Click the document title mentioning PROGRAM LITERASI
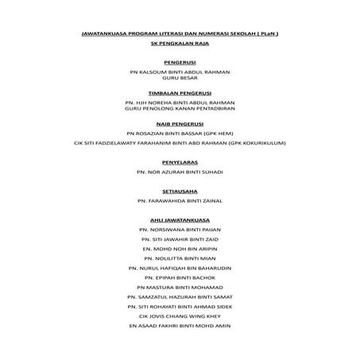[x=180, y=33]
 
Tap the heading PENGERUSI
[x=180, y=61]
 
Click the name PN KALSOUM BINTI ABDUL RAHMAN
[x=180, y=72]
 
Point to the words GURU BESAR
[x=180, y=79]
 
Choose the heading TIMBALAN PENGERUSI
[x=180, y=93]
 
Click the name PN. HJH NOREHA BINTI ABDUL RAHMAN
[x=180, y=103]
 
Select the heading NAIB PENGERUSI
[x=180, y=125]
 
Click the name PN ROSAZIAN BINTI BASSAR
[x=180, y=134]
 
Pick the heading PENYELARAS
[x=180, y=161]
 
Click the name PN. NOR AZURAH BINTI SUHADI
[x=180, y=172]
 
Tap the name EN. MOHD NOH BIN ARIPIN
[x=180, y=248]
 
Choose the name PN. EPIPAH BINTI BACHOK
[x=180, y=277]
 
